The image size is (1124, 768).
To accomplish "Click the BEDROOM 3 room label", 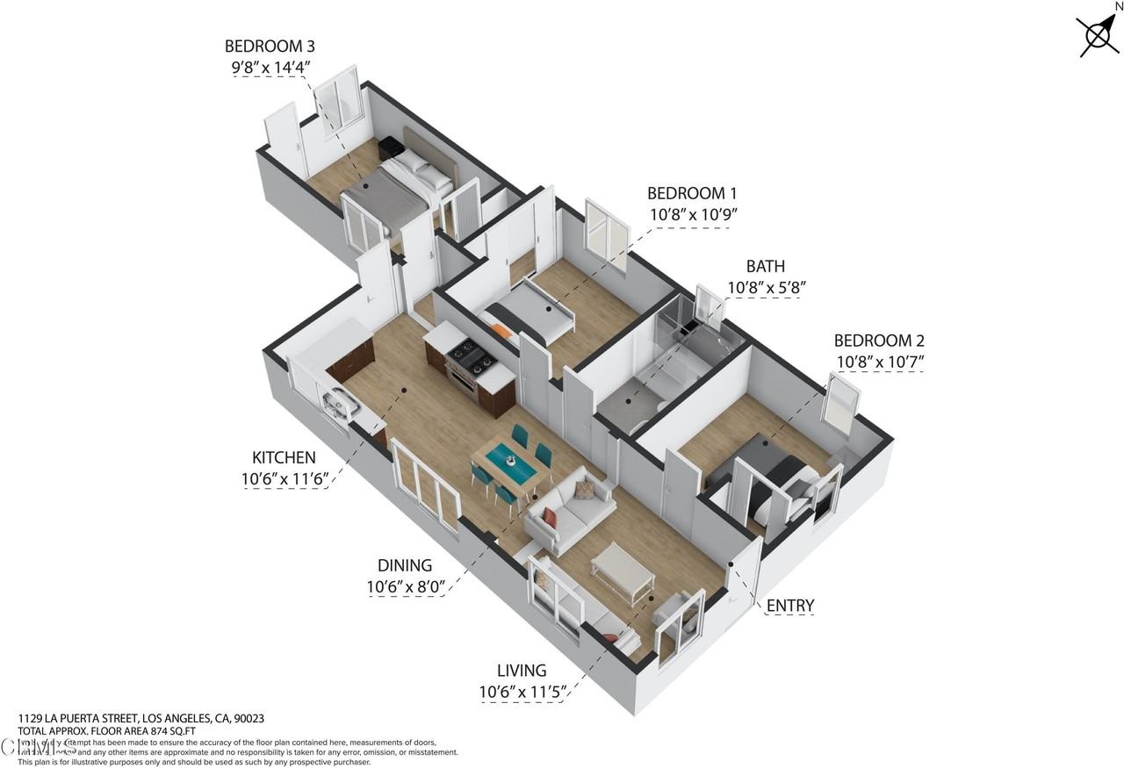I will (270, 46).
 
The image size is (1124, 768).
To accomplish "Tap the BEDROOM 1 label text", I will (692, 193).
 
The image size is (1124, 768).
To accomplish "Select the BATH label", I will (766, 266).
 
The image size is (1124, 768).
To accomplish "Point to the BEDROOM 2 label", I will (878, 341).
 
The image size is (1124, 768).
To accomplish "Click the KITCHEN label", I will (284, 457).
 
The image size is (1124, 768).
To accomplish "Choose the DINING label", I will (405, 565).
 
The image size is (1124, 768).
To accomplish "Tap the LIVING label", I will (521, 671).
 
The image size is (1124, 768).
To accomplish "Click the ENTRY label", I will (790, 606).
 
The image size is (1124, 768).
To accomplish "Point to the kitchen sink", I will (341, 404).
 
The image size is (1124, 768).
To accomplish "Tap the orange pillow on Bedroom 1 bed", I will (501, 331).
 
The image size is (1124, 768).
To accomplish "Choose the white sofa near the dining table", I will (571, 509).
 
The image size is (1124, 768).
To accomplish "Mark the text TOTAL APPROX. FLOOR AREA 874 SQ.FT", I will (107, 729).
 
